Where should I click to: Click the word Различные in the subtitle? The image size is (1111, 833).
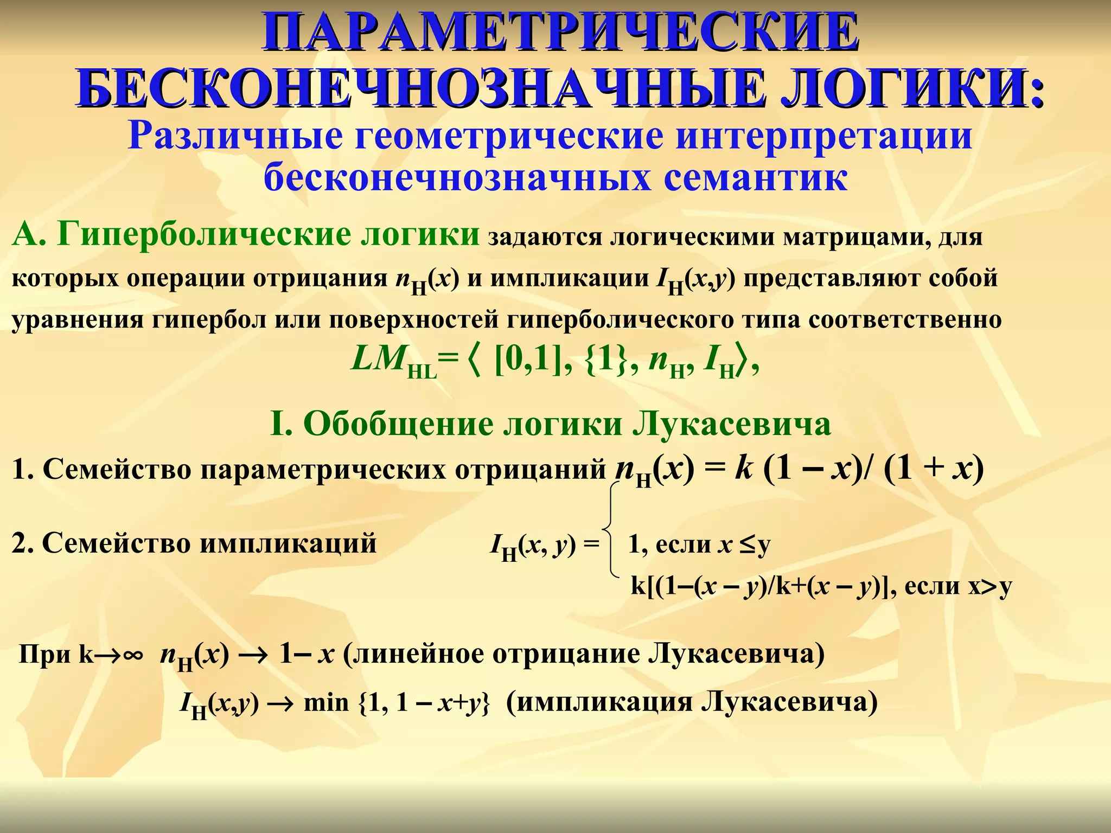[235, 137]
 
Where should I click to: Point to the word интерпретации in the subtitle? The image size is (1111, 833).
[823, 137]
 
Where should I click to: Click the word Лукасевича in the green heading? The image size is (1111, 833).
[732, 424]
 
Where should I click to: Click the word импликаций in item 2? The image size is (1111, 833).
[288, 543]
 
